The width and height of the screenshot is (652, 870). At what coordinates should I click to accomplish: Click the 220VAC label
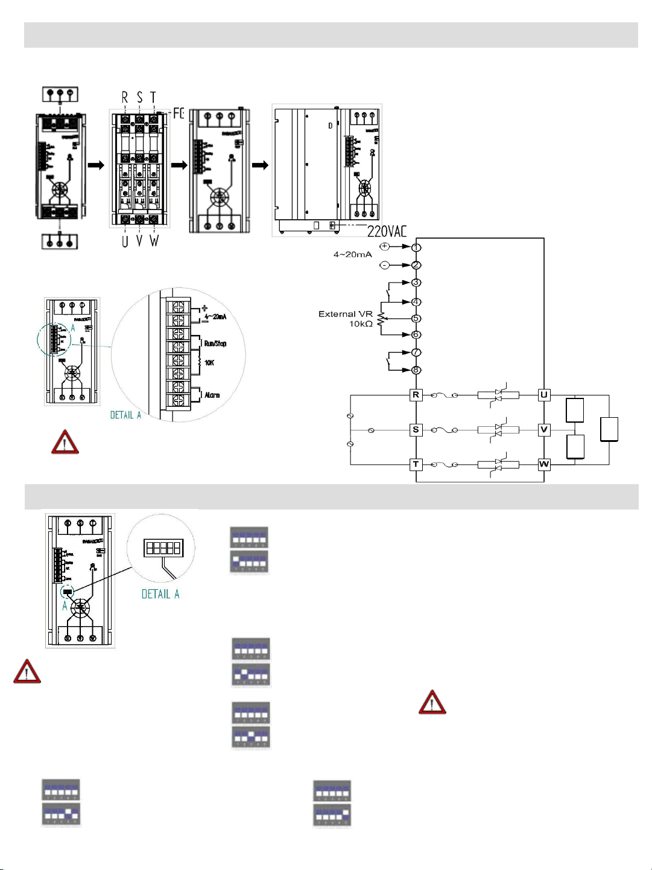click(x=387, y=231)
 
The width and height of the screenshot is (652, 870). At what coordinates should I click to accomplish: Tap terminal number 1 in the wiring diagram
click(x=416, y=248)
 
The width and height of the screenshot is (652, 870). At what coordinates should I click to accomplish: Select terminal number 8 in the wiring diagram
click(x=416, y=370)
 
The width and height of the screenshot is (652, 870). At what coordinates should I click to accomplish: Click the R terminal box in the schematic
click(x=416, y=395)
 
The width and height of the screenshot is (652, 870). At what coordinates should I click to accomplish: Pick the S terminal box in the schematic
click(x=416, y=430)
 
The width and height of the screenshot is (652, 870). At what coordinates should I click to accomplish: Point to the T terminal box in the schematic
click(x=416, y=464)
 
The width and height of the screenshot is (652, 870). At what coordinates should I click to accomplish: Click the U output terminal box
click(x=544, y=395)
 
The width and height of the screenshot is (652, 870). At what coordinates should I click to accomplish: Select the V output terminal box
click(x=544, y=430)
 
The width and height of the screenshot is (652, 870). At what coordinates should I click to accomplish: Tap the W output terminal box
click(x=544, y=464)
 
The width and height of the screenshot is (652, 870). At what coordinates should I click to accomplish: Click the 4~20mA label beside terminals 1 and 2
click(x=353, y=255)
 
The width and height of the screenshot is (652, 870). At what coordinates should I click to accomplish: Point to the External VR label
click(x=346, y=314)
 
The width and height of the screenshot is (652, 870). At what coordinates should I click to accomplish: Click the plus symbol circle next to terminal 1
click(x=385, y=246)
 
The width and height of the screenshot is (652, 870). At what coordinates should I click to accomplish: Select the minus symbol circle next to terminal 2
click(x=385, y=265)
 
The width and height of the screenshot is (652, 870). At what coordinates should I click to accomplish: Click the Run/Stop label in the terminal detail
click(x=215, y=344)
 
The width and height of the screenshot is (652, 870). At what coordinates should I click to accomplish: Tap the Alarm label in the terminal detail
click(x=212, y=395)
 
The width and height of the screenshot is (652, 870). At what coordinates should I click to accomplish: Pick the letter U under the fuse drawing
click(x=125, y=241)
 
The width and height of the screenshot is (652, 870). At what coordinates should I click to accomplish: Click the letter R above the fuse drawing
click(x=125, y=97)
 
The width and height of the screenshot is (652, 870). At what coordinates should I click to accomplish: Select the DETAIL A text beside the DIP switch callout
click(x=160, y=594)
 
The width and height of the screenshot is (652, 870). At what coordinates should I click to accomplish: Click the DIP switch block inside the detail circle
click(x=163, y=548)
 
